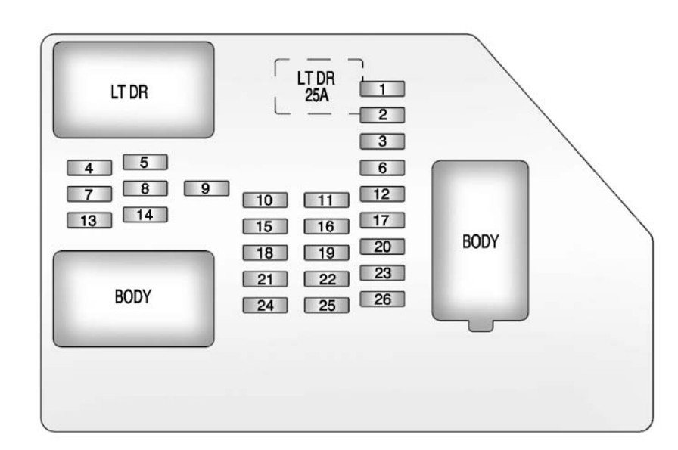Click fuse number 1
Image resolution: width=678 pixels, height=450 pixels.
point(382,89)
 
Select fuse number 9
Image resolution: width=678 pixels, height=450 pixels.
point(207,188)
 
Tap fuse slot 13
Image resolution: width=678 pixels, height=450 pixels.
point(89,220)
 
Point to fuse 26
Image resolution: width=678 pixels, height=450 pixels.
point(382,299)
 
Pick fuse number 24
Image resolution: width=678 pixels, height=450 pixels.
point(265,306)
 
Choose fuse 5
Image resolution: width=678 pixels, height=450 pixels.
point(145,162)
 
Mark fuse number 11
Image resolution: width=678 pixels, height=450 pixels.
point(326,200)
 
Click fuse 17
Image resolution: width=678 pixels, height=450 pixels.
point(382,220)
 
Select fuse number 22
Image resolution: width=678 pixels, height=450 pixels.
point(326,279)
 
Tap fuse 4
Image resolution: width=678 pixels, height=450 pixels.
point(89,168)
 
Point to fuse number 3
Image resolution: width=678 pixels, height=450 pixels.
point(382,141)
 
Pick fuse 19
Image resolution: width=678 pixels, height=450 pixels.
point(326,253)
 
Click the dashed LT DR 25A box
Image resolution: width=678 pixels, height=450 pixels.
point(275,86)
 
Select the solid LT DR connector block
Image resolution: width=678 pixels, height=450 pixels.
point(134,90)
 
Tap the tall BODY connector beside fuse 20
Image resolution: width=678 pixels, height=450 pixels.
point(480,241)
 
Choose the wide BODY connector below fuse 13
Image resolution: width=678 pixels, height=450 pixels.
point(134,299)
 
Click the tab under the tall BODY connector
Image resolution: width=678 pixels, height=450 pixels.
point(481,326)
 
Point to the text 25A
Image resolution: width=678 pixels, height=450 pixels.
point(317,95)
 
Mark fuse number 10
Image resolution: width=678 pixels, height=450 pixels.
point(265,200)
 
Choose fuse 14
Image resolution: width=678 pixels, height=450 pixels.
point(145,214)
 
